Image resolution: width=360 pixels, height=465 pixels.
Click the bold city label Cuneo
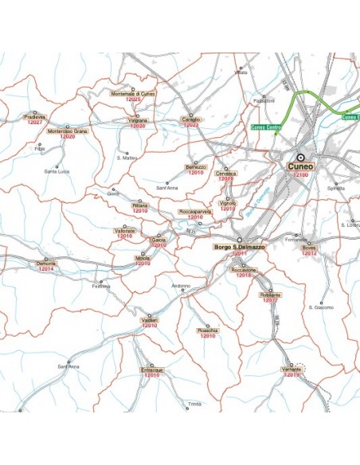[301, 166]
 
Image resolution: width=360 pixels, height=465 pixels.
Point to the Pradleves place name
[34, 116]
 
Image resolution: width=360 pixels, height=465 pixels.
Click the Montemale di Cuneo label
[133, 94]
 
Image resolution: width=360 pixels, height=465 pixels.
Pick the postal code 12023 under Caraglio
[191, 125]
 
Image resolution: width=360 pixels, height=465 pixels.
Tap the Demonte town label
[45, 264]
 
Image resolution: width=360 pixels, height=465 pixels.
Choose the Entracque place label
[151, 370]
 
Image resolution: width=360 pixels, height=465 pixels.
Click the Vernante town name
[292, 369]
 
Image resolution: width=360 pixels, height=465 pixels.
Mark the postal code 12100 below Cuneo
[301, 174]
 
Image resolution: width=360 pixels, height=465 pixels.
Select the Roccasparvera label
[195, 212]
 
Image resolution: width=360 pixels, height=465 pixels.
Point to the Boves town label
[309, 248]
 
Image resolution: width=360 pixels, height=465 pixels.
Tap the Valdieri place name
[150, 320]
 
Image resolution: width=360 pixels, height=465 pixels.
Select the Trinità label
[195, 404]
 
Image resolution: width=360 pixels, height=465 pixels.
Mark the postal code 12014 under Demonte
[45, 270]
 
